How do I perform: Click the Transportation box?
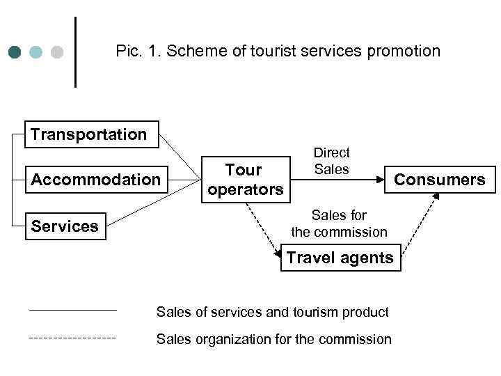(89, 134)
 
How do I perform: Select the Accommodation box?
(96, 180)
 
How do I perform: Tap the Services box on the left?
(65, 226)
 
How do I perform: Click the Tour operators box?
(244, 180)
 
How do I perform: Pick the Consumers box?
(440, 180)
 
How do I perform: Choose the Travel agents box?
(340, 258)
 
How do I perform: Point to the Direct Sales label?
(332, 161)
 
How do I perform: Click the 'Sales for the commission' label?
(339, 223)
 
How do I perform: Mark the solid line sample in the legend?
(72, 309)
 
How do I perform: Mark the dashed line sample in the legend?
(72, 338)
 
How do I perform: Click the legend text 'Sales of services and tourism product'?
(272, 313)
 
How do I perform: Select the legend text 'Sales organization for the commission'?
(273, 340)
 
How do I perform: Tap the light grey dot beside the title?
(57, 52)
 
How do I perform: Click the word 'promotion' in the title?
(408, 52)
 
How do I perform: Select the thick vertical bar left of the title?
(75, 52)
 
